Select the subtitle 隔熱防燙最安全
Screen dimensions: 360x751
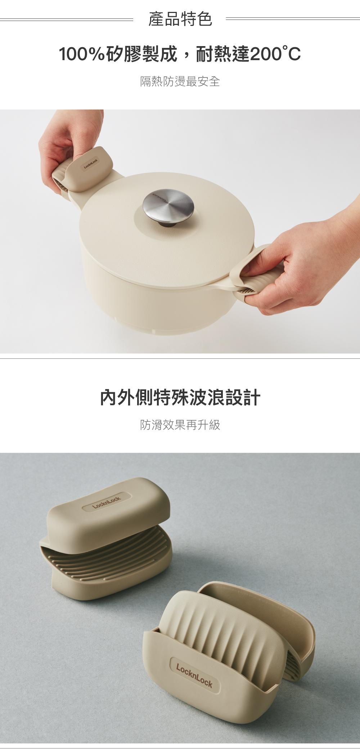tap(180, 82)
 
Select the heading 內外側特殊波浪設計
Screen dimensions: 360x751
tap(180, 397)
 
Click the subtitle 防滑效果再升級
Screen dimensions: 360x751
tap(180, 425)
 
